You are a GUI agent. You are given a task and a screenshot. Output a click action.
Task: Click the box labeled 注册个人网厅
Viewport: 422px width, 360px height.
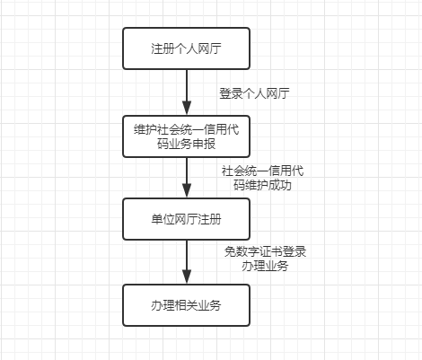click(x=186, y=48)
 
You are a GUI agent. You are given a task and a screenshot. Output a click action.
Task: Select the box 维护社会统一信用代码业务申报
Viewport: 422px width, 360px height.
click(x=186, y=136)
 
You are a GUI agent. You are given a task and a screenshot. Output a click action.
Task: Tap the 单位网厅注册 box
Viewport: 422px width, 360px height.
click(x=186, y=219)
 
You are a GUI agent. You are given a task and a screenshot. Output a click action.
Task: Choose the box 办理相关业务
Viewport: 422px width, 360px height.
click(x=186, y=305)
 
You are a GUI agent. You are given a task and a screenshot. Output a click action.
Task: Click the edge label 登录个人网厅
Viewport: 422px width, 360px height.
click(x=254, y=93)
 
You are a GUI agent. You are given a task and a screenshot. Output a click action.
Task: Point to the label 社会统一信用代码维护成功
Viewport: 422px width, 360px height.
click(x=262, y=178)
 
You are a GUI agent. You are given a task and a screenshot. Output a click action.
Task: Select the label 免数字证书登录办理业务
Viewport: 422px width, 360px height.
click(x=265, y=259)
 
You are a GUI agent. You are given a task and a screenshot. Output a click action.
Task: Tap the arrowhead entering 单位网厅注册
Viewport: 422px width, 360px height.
click(x=187, y=191)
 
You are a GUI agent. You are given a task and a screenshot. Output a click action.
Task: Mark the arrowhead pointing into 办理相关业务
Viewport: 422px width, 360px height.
click(x=187, y=277)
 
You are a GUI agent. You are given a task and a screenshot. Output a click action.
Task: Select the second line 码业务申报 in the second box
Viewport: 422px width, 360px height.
click(x=186, y=144)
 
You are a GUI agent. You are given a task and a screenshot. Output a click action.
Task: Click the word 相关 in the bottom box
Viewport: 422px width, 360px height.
click(x=186, y=305)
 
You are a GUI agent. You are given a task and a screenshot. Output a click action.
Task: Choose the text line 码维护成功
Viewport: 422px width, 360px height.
click(x=262, y=185)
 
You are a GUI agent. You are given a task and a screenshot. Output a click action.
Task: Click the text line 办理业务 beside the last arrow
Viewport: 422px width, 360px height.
click(x=265, y=266)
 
